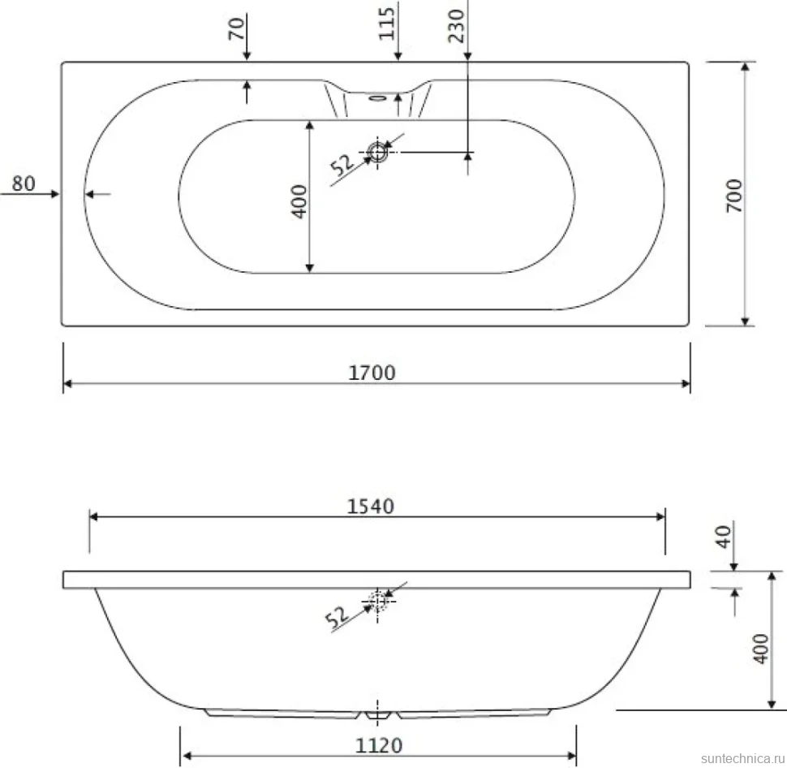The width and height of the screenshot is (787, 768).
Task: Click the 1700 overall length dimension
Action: tap(372, 373)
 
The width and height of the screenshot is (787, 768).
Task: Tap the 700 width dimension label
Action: tap(735, 196)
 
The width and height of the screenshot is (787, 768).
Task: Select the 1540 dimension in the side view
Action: tap(371, 507)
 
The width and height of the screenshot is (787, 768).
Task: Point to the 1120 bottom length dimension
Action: tap(379, 746)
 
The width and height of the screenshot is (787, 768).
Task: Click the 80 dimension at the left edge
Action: tap(24, 183)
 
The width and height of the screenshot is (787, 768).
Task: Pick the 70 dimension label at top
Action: tap(236, 28)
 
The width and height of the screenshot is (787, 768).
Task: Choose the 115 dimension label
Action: tap(386, 24)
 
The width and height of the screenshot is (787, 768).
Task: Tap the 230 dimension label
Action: tap(457, 26)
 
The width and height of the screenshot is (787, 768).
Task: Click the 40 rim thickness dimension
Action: tap(723, 537)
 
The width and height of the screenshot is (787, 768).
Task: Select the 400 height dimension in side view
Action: tap(761, 649)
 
